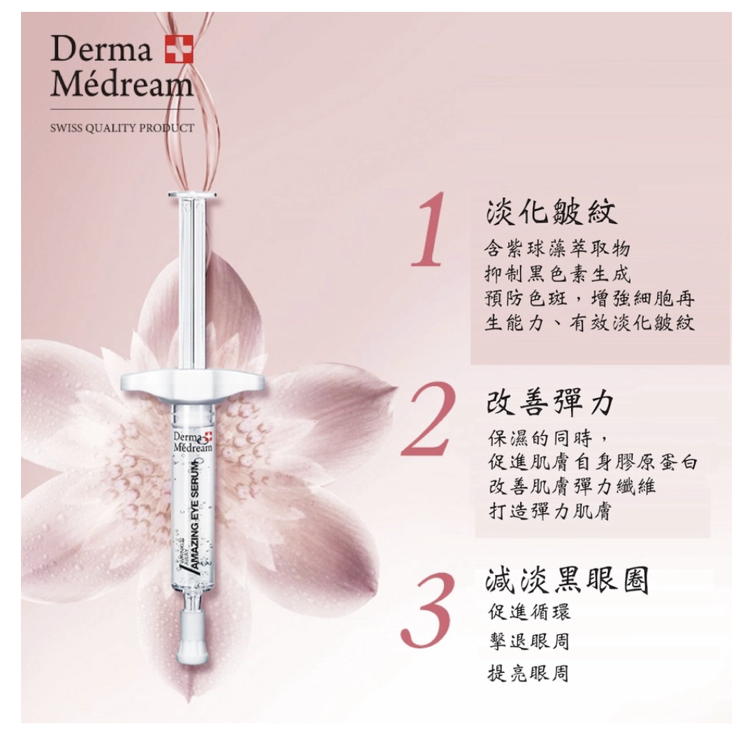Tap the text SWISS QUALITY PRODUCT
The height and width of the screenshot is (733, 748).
pyautogui.click(x=122, y=128)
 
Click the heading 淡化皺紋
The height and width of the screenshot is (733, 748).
pyautogui.click(x=552, y=211)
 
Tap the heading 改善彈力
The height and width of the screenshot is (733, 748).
pyautogui.click(x=550, y=402)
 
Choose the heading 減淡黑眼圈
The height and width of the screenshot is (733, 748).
pyautogui.click(x=567, y=580)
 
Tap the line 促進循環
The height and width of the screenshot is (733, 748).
pyautogui.click(x=528, y=612)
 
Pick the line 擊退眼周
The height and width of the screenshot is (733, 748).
pyautogui.click(x=528, y=641)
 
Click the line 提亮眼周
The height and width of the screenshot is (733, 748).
pyautogui.click(x=528, y=673)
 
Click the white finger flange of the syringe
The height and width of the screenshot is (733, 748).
pyautogui.click(x=192, y=382)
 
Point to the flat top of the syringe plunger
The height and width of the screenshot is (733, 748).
pyautogui.click(x=192, y=194)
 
